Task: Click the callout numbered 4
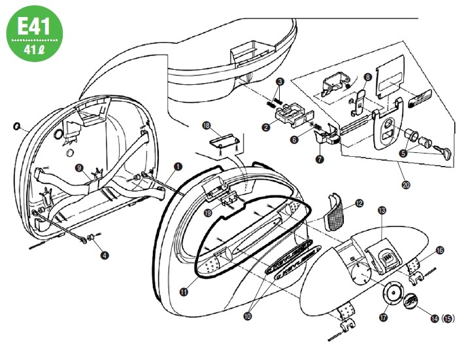pyautogui.click(x=103, y=255)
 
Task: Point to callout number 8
pyautogui.click(x=367, y=76)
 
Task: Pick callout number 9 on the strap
pyautogui.click(x=79, y=167)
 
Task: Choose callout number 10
pyautogui.click(x=247, y=315)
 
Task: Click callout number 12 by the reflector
pyautogui.click(x=359, y=204)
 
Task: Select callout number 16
pyautogui.click(x=439, y=250)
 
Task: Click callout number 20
pyautogui.click(x=406, y=185)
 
